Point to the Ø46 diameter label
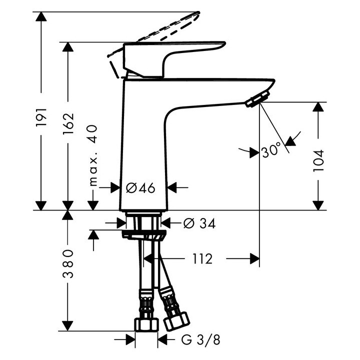pos(140,188)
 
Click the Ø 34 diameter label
pos(199,223)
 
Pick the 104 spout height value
pos(318,160)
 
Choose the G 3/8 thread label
pos(199,340)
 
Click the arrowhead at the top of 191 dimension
pos(41,16)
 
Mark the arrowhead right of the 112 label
pos(254,258)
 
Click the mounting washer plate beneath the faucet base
pos(143,235)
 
